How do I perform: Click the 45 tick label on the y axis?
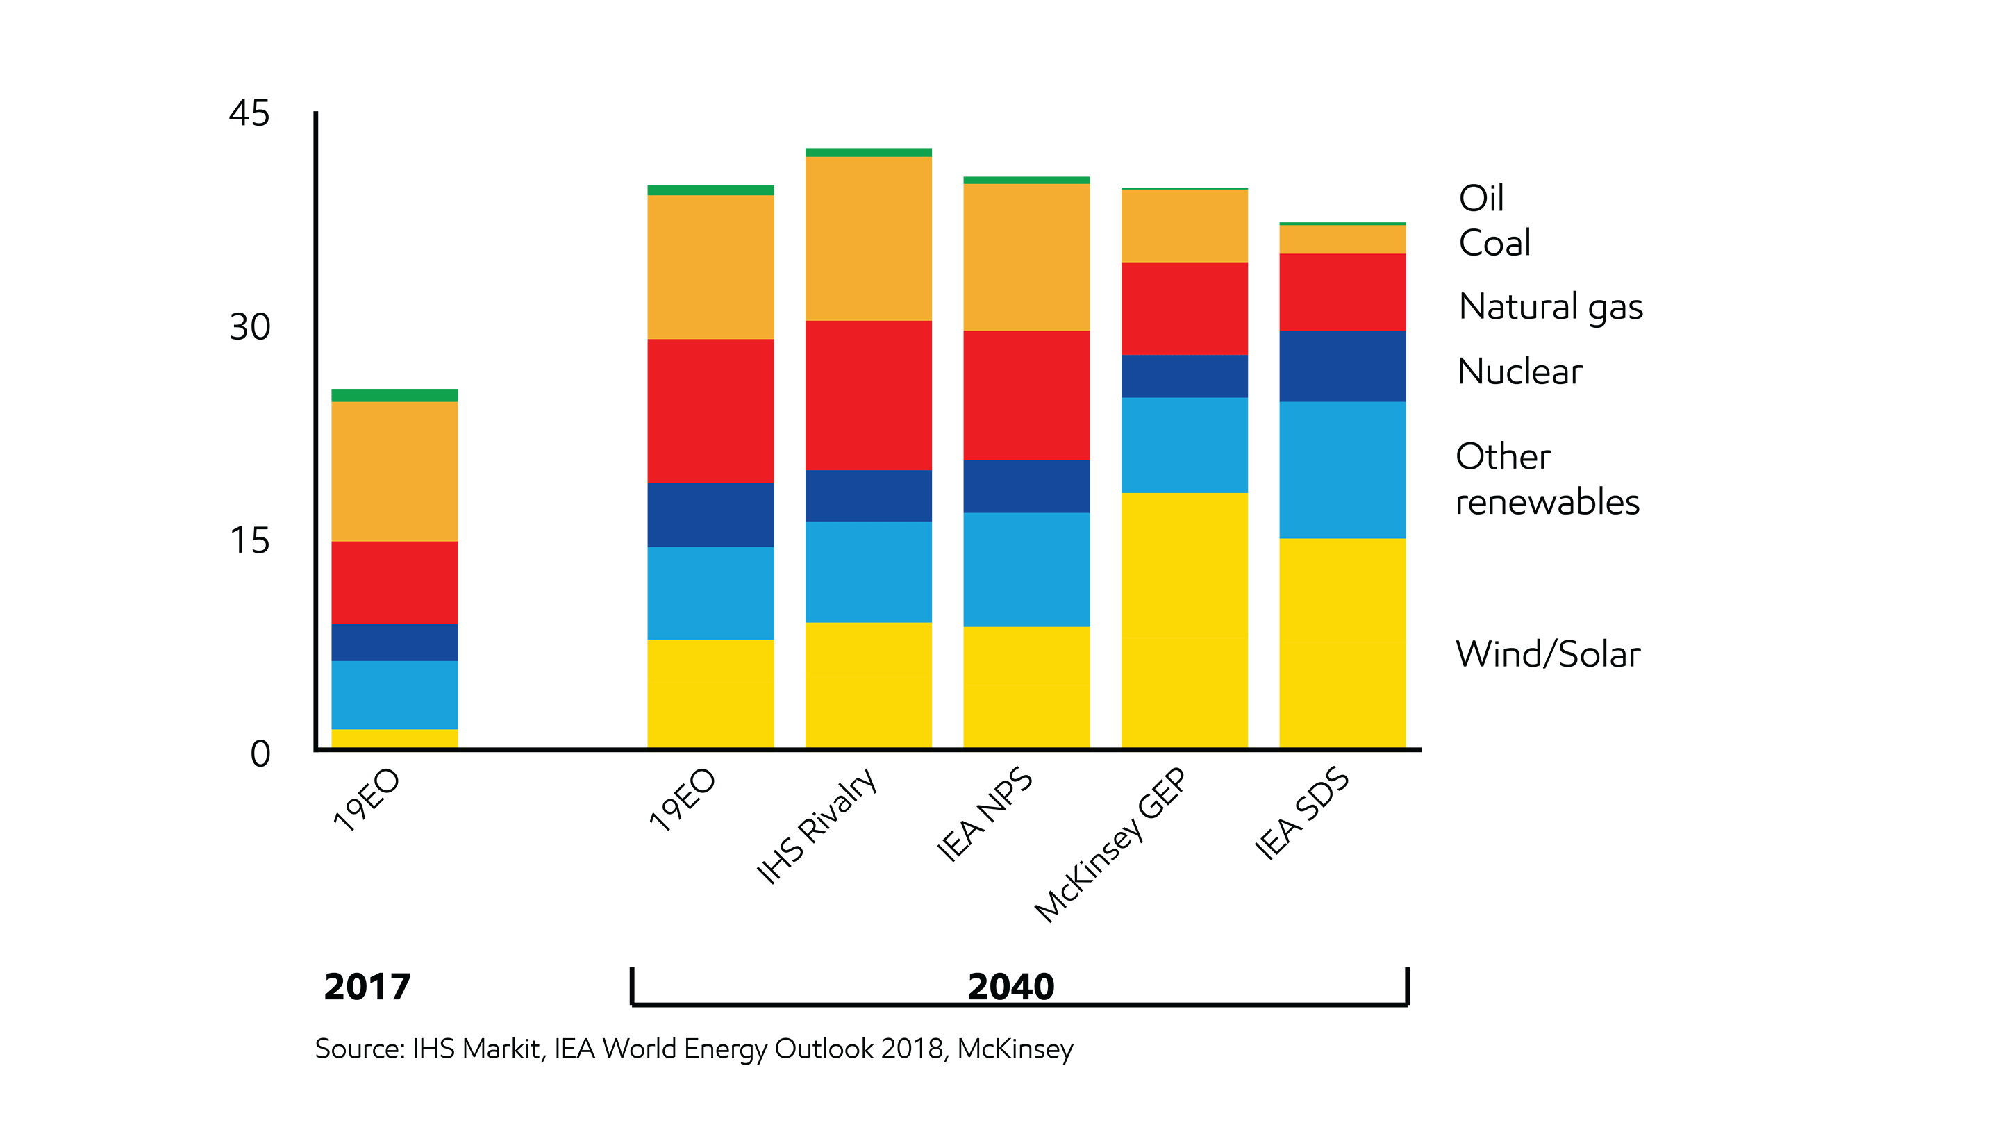pyautogui.click(x=249, y=113)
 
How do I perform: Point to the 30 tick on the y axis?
pyautogui.click(x=249, y=327)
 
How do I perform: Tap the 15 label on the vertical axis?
pyautogui.click(x=249, y=540)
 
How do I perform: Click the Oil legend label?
pyautogui.click(x=1481, y=198)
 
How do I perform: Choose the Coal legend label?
pyautogui.click(x=1494, y=243)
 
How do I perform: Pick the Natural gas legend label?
pyautogui.click(x=1551, y=307)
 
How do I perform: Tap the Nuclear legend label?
pyautogui.click(x=1519, y=371)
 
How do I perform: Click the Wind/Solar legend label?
pyautogui.click(x=1547, y=653)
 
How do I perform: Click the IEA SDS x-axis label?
pyautogui.click(x=1302, y=813)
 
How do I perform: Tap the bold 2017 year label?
pyautogui.click(x=367, y=987)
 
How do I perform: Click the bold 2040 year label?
pyautogui.click(x=1011, y=987)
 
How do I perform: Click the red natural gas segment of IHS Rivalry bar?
pyautogui.click(x=868, y=394)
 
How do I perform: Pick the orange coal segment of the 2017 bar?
pyautogui.click(x=394, y=471)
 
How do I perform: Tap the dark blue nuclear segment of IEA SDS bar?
pyautogui.click(x=1342, y=366)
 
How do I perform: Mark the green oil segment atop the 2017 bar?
pyautogui.click(x=394, y=395)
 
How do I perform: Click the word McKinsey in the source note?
pyautogui.click(x=1015, y=1049)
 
